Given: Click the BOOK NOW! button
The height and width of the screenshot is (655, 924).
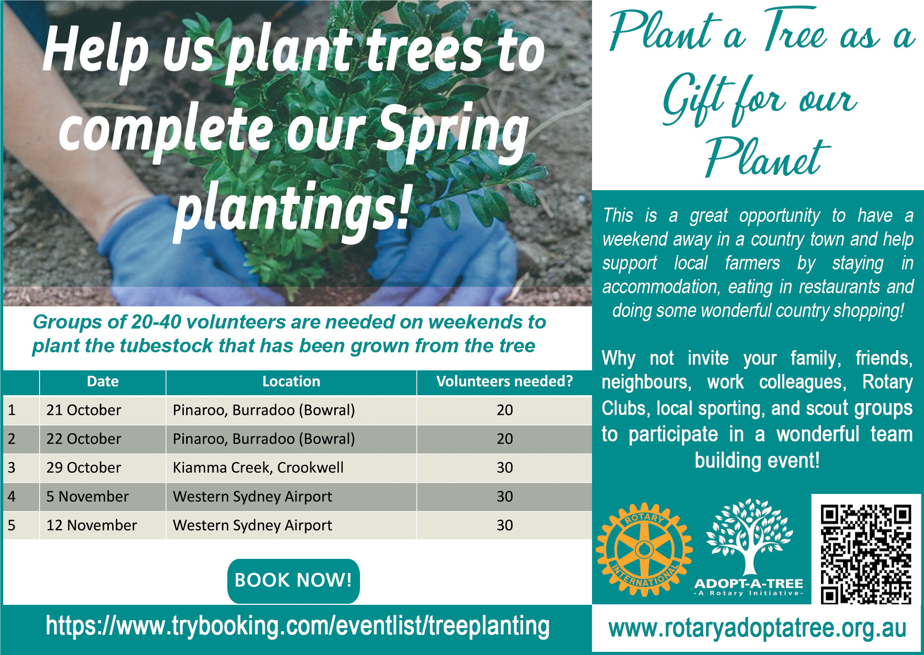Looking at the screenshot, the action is click(x=293, y=581).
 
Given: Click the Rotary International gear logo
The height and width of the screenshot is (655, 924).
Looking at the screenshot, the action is click(x=644, y=550).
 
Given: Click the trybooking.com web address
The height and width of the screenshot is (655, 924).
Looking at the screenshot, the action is click(x=298, y=626).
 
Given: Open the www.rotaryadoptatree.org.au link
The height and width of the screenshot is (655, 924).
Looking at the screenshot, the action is click(x=757, y=629).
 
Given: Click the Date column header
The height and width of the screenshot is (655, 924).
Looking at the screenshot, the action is click(x=103, y=382).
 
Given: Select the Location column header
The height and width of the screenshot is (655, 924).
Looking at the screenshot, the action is click(x=291, y=382).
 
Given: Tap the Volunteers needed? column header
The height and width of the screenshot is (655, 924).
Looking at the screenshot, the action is click(x=504, y=382).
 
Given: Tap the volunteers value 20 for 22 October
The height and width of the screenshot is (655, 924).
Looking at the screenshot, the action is click(x=504, y=439).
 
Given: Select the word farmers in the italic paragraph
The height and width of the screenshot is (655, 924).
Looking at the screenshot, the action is click(x=752, y=263).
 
